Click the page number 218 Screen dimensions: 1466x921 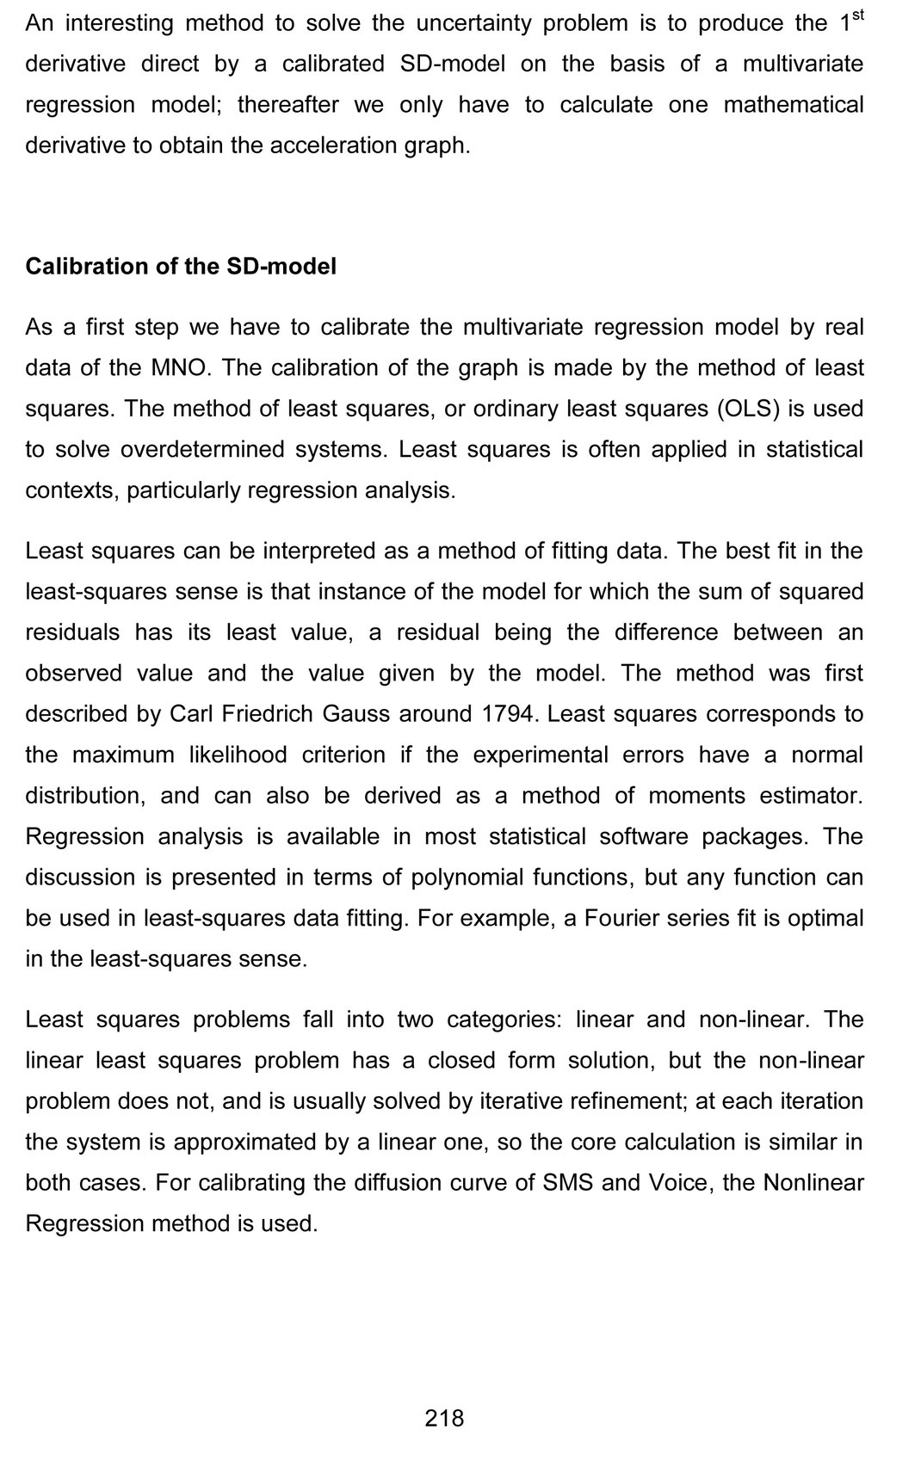444,1419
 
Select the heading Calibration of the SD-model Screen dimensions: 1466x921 181,267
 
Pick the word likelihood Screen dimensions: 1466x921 238,755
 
